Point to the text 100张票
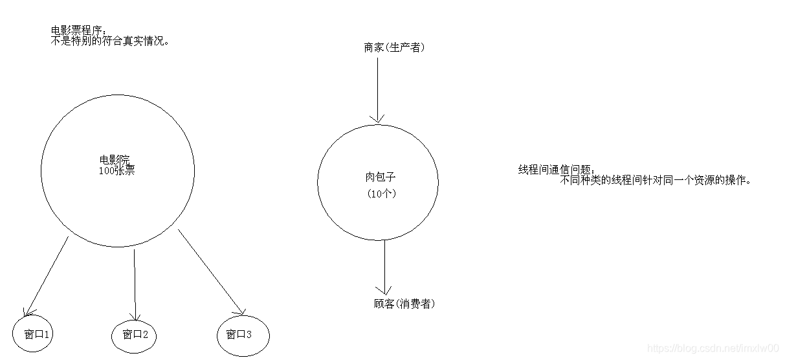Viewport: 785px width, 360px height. click(x=116, y=172)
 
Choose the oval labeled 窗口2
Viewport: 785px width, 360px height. click(x=135, y=335)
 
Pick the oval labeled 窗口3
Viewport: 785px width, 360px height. click(x=242, y=335)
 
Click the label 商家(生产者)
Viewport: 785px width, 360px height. click(x=394, y=47)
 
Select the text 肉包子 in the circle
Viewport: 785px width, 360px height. click(x=379, y=177)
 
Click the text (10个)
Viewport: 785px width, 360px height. click(x=381, y=194)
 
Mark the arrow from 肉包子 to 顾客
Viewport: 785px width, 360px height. click(x=384, y=265)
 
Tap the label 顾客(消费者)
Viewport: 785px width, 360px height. click(x=404, y=304)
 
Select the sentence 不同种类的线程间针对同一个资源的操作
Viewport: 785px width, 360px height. click(x=656, y=181)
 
